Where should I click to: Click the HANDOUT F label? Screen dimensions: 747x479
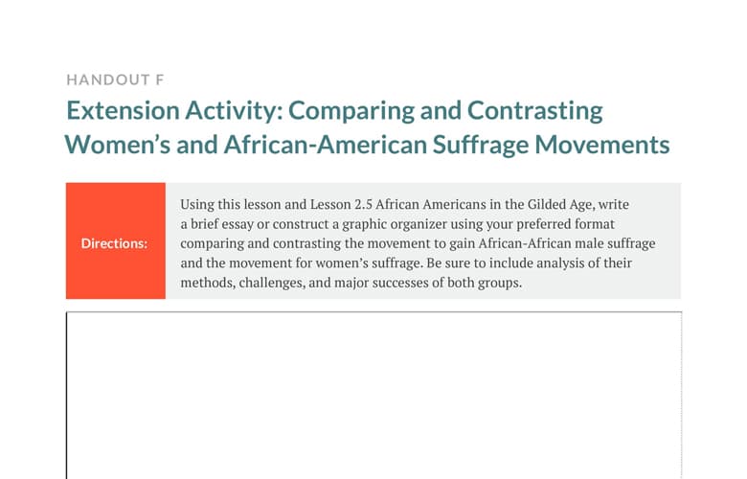coord(115,80)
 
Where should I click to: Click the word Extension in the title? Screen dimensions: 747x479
coord(123,110)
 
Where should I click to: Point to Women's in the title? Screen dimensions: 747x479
coord(118,145)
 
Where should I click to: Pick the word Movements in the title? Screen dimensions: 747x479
coord(602,145)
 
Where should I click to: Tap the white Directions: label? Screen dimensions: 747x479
coord(114,243)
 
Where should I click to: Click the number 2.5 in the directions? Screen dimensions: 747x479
coord(363,204)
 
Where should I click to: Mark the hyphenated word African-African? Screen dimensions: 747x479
coord(525,243)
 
